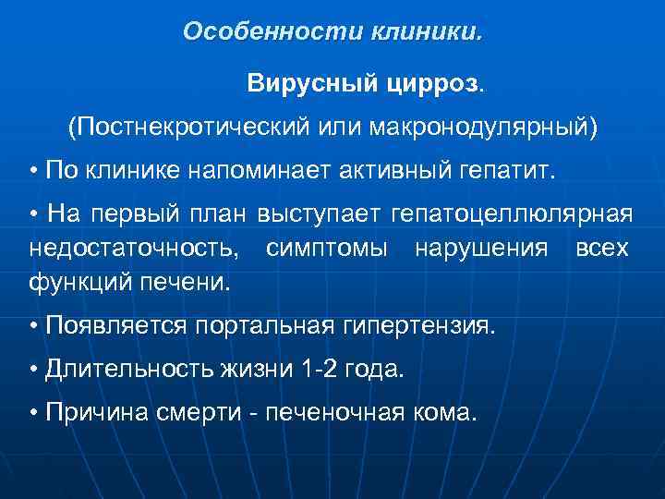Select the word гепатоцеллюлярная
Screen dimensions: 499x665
513,215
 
